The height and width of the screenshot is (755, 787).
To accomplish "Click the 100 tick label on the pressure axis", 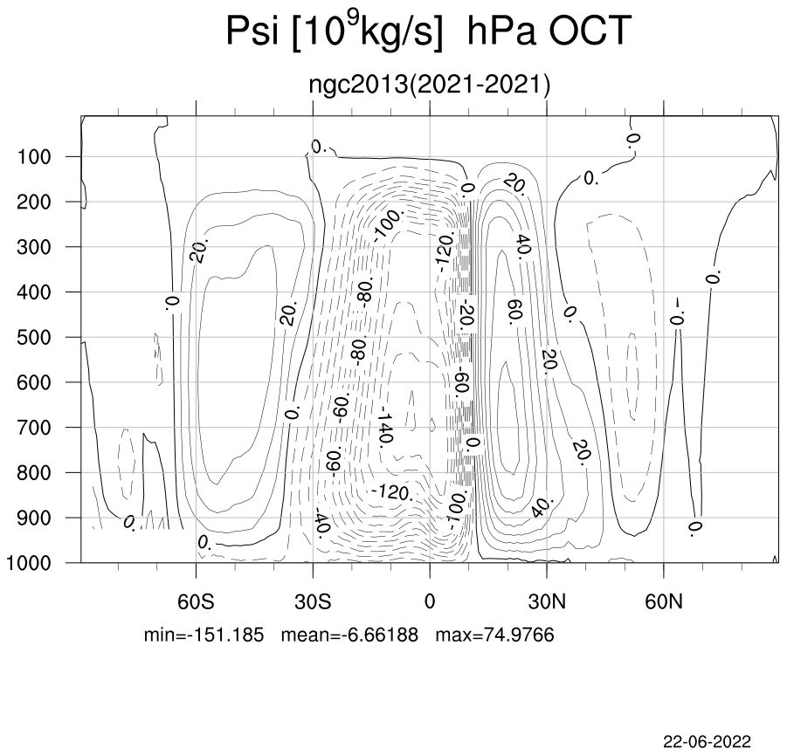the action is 34,157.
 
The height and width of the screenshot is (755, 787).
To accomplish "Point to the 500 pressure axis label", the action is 34,338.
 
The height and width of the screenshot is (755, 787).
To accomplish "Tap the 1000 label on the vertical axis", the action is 29,563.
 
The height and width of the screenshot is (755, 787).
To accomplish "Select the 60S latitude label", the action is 196,601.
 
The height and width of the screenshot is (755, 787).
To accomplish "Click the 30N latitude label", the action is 547,601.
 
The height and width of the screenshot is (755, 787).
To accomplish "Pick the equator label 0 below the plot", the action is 430,601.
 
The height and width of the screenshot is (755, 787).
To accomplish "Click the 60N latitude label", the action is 664,601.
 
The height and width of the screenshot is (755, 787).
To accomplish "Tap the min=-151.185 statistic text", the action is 204,635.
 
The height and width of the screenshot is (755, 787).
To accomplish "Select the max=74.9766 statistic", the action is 495,635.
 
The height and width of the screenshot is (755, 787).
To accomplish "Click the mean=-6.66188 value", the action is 349,635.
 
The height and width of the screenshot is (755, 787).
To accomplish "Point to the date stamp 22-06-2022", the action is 708,741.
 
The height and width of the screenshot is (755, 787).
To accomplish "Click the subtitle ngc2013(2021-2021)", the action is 430,85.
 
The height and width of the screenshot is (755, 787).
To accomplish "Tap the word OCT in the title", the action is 590,31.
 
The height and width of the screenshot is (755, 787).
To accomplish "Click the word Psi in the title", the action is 252,31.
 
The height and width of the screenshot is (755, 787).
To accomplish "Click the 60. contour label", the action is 515,312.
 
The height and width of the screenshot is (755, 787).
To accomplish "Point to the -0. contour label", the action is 678,311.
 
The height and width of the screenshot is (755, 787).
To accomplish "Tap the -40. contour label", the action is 321,523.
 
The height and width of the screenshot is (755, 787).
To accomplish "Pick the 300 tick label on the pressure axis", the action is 34,247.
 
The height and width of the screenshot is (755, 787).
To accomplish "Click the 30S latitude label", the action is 313,601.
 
